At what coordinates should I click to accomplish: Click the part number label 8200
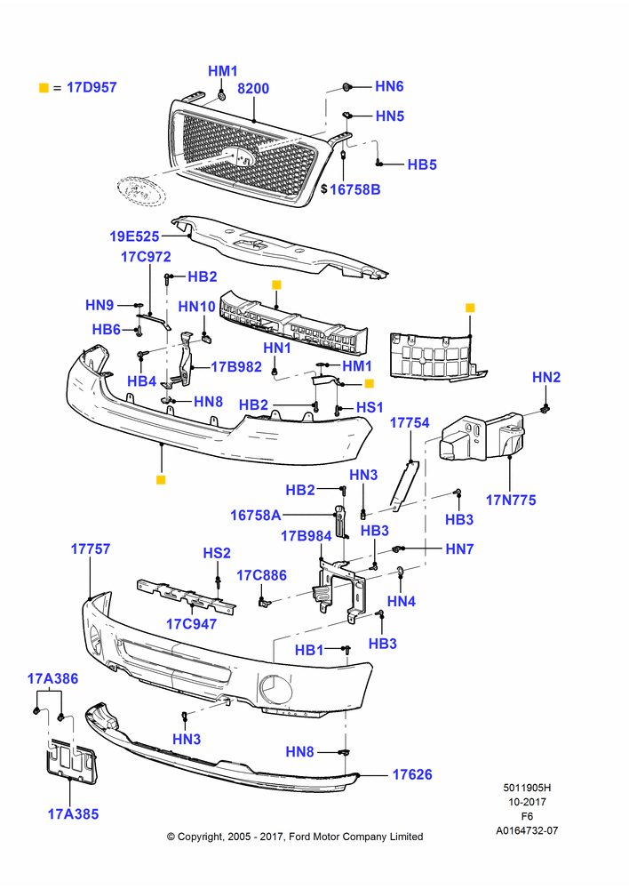pyautogui.click(x=253, y=88)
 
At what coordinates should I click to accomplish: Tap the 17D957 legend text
pyautogui.click(x=92, y=87)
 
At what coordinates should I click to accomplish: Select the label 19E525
pyautogui.click(x=135, y=236)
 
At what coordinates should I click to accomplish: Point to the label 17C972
pyautogui.click(x=147, y=257)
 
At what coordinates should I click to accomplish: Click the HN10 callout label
pyautogui.click(x=196, y=307)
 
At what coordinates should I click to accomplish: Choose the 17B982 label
pyautogui.click(x=236, y=367)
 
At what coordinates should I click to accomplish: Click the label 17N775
pyautogui.click(x=511, y=500)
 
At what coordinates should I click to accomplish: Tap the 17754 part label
pyautogui.click(x=410, y=422)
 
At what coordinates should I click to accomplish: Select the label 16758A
pyautogui.click(x=256, y=516)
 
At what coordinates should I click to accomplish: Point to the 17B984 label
pyautogui.click(x=306, y=536)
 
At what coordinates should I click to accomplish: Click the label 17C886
pyautogui.click(x=262, y=575)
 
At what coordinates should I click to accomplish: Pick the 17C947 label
pyautogui.click(x=192, y=624)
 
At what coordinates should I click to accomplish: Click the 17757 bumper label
pyautogui.click(x=91, y=549)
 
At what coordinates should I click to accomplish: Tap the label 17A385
pyautogui.click(x=73, y=814)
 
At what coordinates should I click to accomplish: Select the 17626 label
pyautogui.click(x=412, y=774)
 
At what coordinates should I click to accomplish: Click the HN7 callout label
pyautogui.click(x=459, y=549)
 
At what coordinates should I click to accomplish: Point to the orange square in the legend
pyautogui.click(x=44, y=87)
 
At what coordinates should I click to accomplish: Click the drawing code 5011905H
pyautogui.click(x=527, y=788)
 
